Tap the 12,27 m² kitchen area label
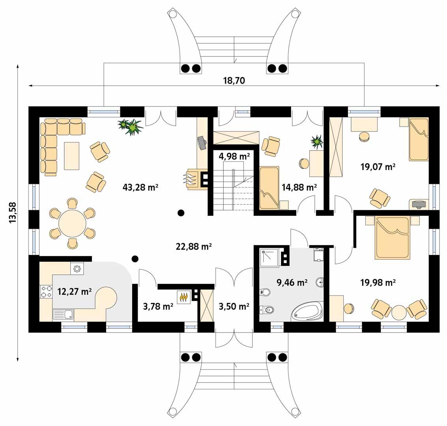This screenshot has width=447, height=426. click(75, 292)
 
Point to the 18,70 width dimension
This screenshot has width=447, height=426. click(234, 81)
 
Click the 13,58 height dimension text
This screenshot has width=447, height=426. click(13, 213)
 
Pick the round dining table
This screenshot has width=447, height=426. click(72, 224)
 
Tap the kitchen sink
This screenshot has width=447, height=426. click(63, 314)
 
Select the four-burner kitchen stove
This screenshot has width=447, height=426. click(46, 291)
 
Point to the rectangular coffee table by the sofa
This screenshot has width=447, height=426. click(71, 156)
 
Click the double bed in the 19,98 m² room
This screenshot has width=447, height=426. click(391, 238)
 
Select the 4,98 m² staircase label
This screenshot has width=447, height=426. click(234, 156)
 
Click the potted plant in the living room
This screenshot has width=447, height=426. click(131, 127)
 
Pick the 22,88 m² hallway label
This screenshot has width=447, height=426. click(194, 247)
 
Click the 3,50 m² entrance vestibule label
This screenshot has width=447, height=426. click(234, 306)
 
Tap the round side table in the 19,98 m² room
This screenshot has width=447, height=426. click(398, 312)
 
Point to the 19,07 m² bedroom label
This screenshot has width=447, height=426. click(378, 167)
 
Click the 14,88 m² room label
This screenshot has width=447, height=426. click(299, 187)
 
